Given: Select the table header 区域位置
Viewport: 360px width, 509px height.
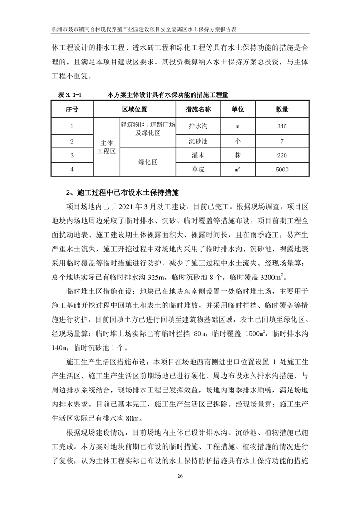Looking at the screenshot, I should click(134, 110).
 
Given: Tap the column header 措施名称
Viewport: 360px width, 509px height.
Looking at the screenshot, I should click(198, 110).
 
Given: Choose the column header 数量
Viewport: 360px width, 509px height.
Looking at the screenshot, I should click(281, 110).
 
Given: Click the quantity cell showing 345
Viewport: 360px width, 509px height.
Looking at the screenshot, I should click(281, 127).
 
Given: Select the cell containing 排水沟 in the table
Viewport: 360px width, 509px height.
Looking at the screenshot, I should click(198, 127).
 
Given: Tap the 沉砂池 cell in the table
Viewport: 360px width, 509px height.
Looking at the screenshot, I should click(198, 141).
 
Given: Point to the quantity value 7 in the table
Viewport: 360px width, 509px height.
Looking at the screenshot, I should click(282, 142).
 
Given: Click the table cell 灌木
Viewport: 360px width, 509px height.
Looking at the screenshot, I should click(198, 156).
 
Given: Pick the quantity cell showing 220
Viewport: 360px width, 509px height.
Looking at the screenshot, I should click(281, 156).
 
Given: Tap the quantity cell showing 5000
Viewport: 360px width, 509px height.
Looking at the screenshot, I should click(281, 170).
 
